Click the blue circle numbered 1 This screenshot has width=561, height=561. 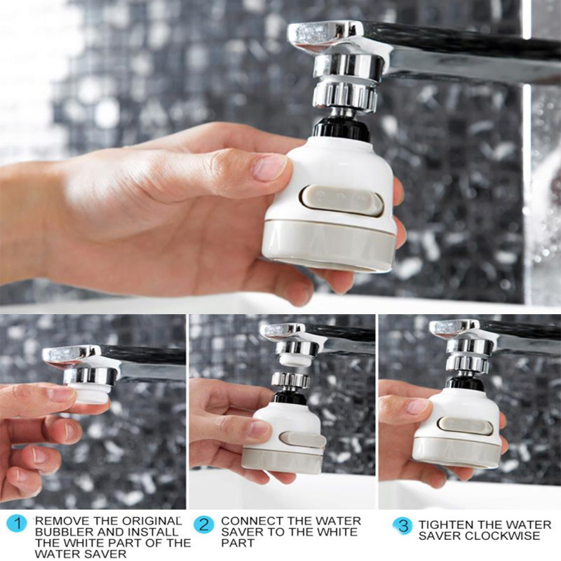16,522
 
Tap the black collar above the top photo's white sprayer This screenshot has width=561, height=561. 341,128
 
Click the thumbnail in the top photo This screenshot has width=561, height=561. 269,167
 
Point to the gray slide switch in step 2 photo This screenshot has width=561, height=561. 302,440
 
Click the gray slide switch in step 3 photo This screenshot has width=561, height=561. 465,425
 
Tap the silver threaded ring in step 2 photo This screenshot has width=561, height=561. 290,380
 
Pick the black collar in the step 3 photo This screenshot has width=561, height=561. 465,383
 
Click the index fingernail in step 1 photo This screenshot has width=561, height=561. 61,394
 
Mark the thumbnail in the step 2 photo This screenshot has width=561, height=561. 257,428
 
